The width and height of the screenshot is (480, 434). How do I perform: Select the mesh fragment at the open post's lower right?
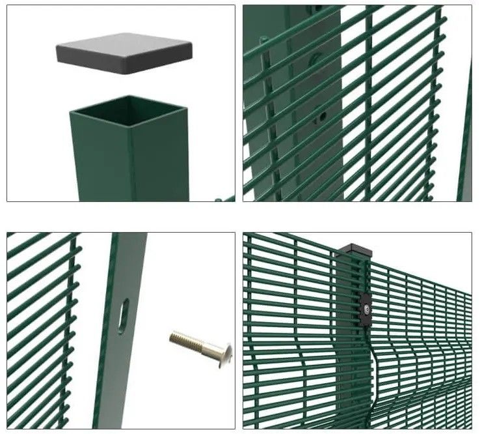pos(224,197)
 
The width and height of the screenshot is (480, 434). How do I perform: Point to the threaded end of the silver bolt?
pos(179,337)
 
